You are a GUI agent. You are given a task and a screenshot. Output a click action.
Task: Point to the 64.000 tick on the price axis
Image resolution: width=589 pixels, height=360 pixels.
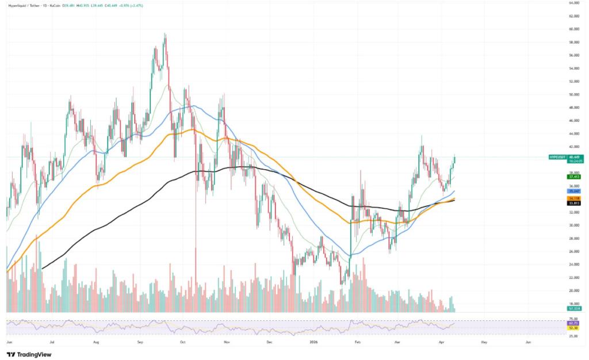coord(573,2)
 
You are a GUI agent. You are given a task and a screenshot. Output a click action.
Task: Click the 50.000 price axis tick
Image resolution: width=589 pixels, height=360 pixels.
coord(573,94)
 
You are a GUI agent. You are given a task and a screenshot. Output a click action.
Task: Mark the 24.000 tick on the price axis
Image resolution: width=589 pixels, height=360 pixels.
coord(573,265)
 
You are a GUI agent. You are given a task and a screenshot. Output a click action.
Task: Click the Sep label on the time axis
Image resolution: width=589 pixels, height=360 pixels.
coord(140,341)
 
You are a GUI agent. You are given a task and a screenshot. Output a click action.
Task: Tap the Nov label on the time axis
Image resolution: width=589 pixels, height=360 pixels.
coord(227,341)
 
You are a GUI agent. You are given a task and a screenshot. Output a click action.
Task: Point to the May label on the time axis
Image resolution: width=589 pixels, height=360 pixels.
coord(484,341)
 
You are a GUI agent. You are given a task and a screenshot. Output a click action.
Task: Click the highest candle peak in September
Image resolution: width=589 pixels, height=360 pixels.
coord(165,34)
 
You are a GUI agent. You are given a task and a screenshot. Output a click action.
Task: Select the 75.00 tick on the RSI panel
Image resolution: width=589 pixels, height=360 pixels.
coord(573,319)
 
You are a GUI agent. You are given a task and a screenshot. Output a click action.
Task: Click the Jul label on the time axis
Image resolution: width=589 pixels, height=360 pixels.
coord(52,341)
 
